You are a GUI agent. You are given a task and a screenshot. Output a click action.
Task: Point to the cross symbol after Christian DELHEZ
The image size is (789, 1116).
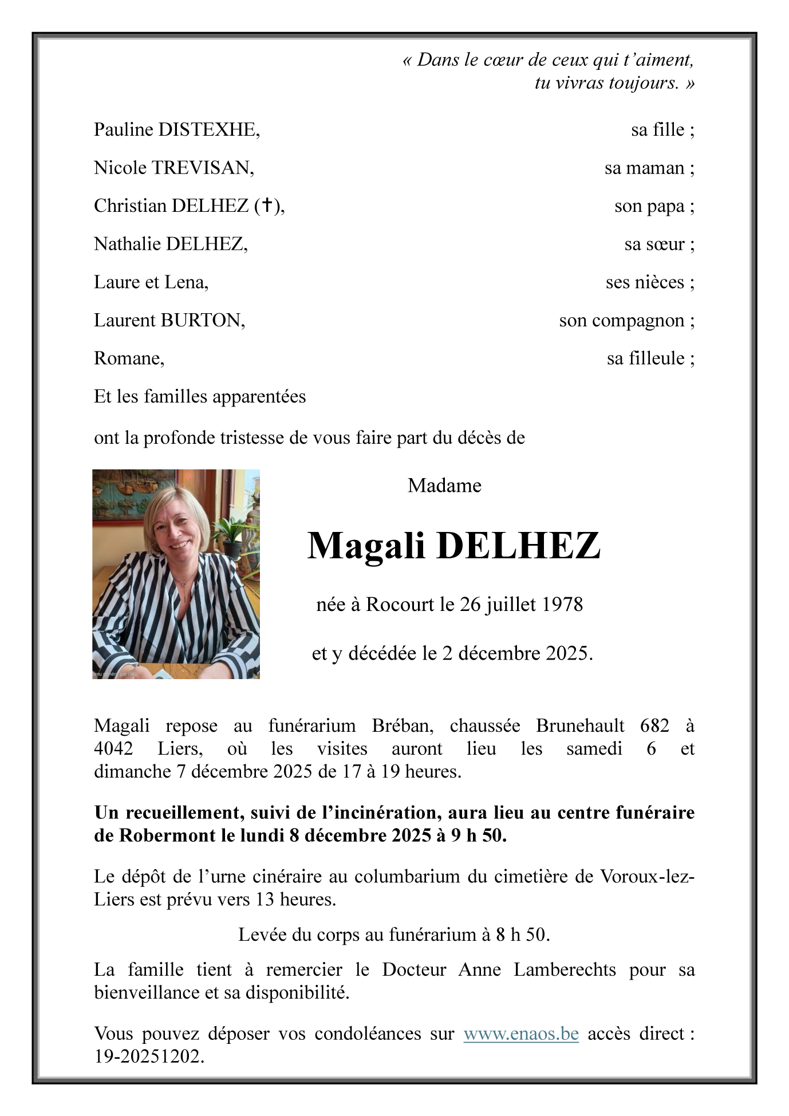267,206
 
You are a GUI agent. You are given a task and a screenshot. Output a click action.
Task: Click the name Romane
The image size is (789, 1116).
128,358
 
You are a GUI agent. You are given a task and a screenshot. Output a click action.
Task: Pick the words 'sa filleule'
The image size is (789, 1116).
645,358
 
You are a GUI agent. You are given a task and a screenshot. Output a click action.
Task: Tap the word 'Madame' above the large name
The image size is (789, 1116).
444,486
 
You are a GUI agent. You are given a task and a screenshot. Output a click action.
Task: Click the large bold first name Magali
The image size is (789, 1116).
366,546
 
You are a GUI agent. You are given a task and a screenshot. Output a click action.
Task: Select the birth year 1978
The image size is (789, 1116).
562,605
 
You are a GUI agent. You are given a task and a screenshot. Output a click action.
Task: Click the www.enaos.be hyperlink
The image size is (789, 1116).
521,1034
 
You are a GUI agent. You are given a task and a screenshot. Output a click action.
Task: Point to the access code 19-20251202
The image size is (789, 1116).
149,1056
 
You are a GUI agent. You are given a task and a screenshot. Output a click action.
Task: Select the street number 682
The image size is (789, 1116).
654,726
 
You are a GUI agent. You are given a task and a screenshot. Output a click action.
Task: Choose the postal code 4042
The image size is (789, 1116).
113,749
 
